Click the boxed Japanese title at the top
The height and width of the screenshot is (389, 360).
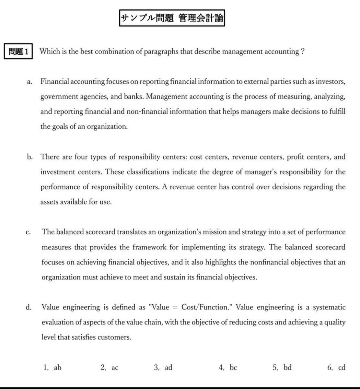point(172,18)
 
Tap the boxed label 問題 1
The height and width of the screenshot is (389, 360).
point(18,52)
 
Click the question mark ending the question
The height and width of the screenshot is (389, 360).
point(302,52)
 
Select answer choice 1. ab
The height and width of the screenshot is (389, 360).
point(52,367)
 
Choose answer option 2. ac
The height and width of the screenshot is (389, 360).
point(110,367)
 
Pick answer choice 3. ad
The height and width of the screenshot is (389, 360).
point(163,367)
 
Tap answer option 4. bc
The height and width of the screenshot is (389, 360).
point(228,367)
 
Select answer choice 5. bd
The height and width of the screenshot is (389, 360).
point(282,367)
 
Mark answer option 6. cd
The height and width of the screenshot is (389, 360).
point(336,367)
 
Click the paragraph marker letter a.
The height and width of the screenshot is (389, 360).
point(29,82)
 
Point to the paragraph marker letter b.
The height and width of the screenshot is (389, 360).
point(30,157)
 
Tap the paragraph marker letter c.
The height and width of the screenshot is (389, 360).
point(28,232)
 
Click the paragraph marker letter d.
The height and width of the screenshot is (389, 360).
point(29,307)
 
